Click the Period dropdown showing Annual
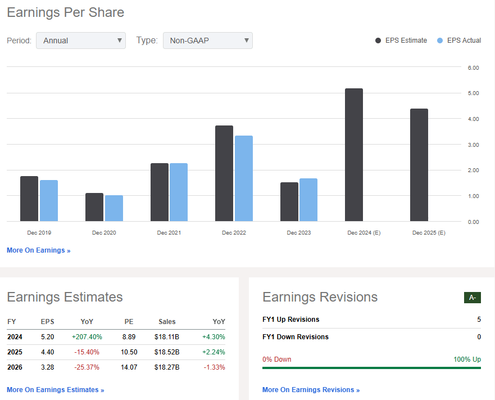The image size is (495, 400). point(81,41)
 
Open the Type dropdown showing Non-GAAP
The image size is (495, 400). point(207,41)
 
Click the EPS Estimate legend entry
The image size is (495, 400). point(401,41)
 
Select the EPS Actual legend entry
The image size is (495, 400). point(459,41)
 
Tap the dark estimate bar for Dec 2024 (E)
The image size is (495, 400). point(353,155)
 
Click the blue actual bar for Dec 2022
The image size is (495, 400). point(244,178)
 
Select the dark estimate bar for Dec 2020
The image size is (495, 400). point(94,207)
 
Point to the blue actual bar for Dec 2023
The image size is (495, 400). point(308,200)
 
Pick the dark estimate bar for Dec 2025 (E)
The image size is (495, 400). point(419,165)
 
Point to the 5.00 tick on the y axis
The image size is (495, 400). point(473,93)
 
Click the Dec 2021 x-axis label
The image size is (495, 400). point(169,233)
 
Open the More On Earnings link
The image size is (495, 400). point(39,250)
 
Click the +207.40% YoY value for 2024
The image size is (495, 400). point(87,337)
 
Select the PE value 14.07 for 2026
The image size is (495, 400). point(129,367)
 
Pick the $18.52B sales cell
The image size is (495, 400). point(167,352)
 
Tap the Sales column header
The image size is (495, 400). point(167,322)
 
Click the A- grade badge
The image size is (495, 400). point(472,298)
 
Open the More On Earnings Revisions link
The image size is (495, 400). point(311,390)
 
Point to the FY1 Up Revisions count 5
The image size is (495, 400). point(479,320)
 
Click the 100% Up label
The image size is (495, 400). point(467,359)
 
